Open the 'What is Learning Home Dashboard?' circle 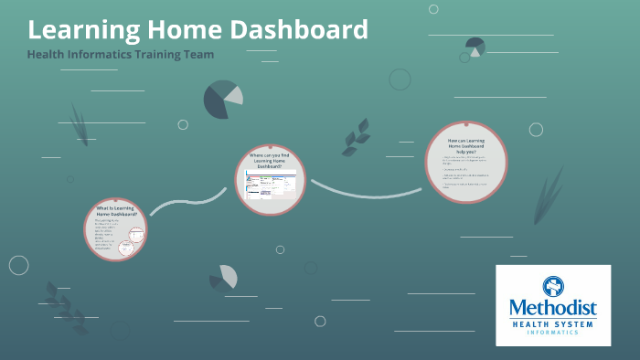[x=116, y=229]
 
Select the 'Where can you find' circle [x=271, y=179]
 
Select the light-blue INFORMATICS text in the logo [x=553, y=333]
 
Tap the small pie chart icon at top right [x=475, y=47]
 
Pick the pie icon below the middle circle [x=223, y=277]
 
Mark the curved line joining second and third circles [x=366, y=193]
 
